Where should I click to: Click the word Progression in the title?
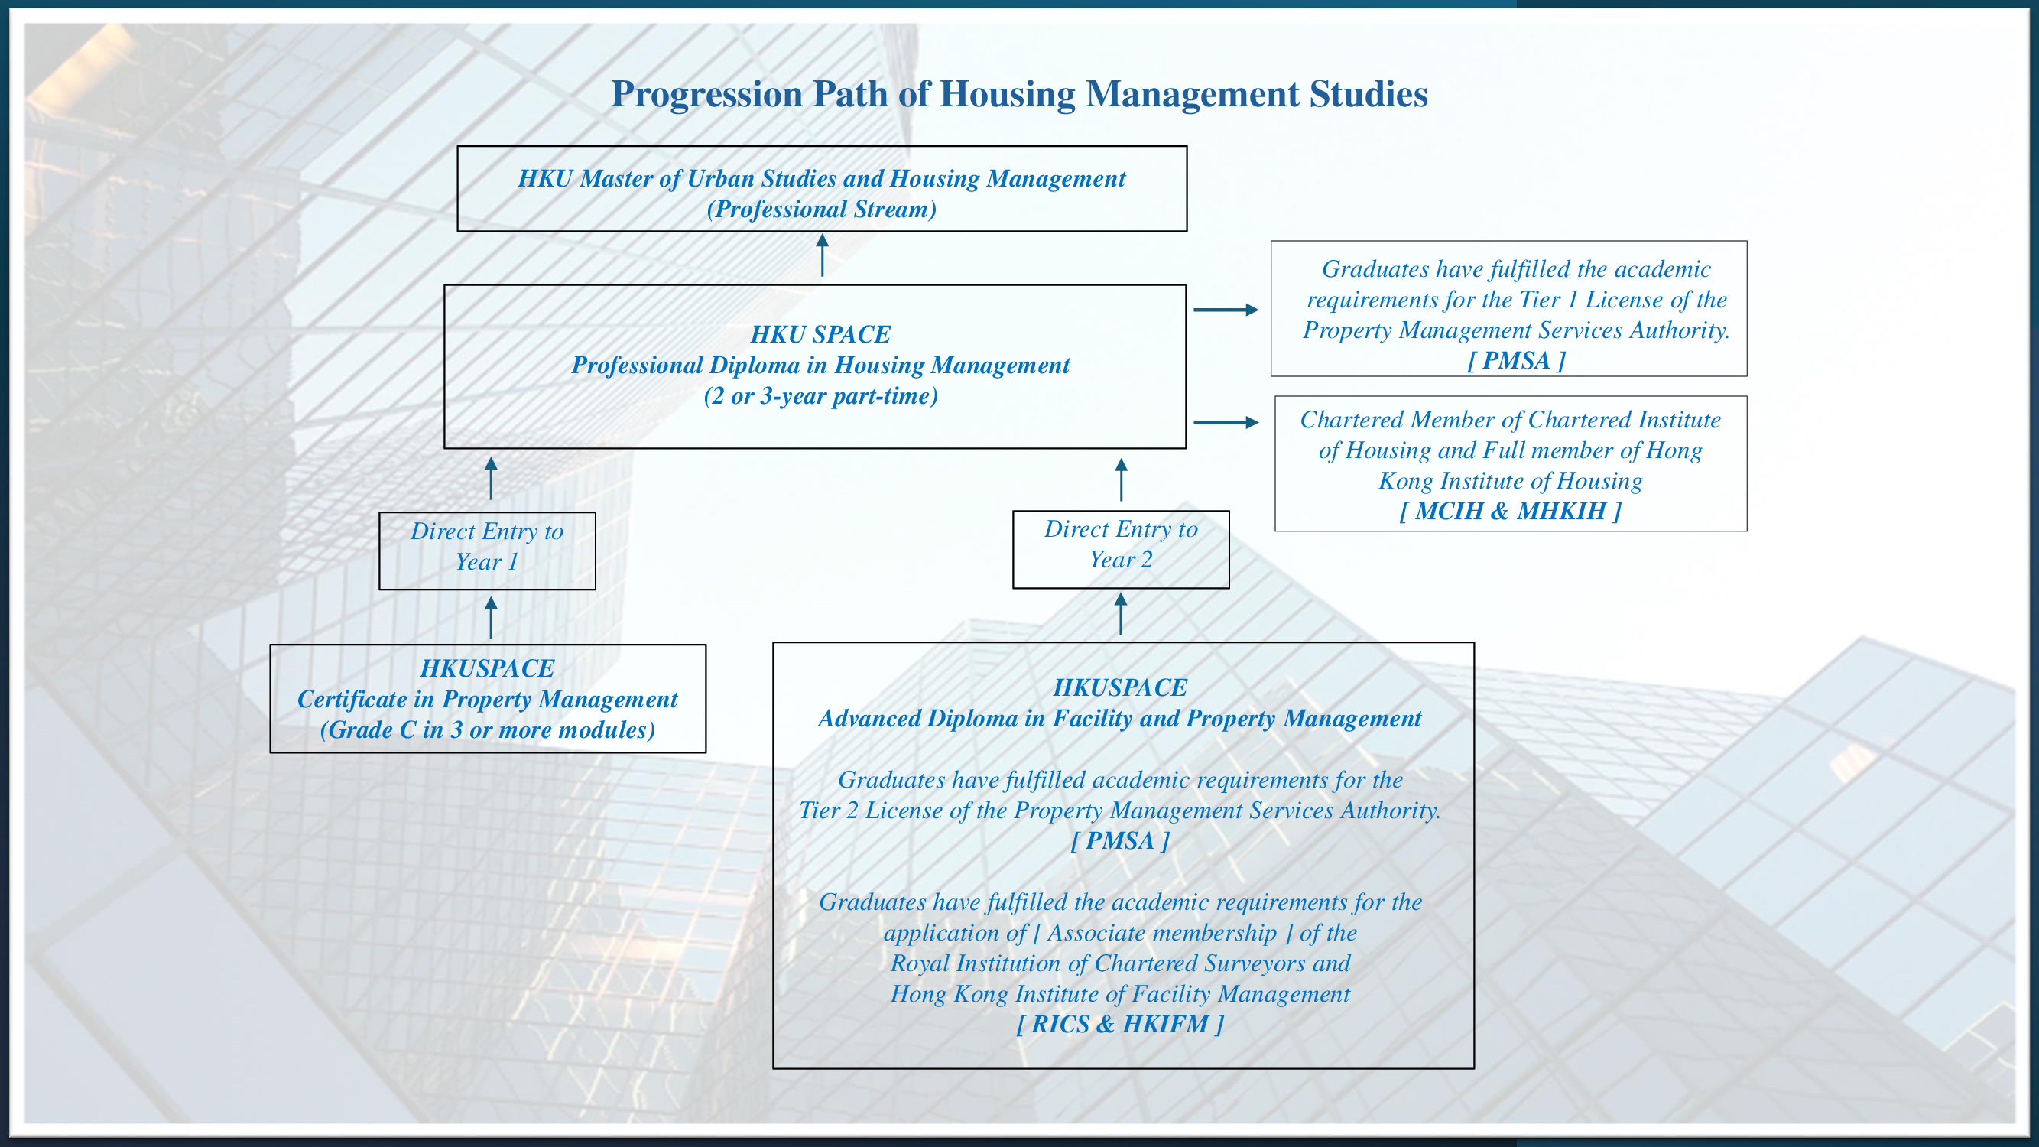(707, 95)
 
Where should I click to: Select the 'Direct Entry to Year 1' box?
(487, 550)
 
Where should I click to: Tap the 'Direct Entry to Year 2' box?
(1120, 548)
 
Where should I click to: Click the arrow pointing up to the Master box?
(823, 255)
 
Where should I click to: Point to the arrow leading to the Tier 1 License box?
(1226, 310)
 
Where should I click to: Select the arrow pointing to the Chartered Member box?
(1226, 422)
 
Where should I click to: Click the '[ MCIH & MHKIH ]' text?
(1510, 512)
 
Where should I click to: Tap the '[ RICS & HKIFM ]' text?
(1120, 1025)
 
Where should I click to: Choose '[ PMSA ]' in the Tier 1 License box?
(1516, 361)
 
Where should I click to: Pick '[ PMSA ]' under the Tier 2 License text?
(1120, 840)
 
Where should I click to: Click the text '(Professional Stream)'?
(822, 210)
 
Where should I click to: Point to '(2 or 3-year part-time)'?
(821, 397)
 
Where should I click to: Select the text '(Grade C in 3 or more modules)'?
(488, 729)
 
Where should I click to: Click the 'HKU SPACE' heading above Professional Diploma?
(821, 334)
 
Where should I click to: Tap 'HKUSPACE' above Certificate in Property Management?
(488, 669)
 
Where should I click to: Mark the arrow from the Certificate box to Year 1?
(491, 617)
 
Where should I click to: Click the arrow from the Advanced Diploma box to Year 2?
(1120, 614)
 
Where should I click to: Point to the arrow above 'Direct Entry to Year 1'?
(491, 478)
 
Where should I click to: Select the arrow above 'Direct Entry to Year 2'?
(1120, 479)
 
